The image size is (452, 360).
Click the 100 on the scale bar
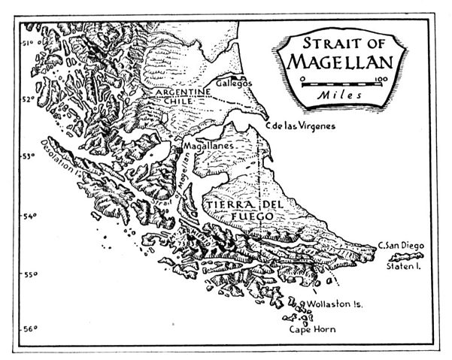coord(379,78)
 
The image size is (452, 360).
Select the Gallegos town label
coord(235,82)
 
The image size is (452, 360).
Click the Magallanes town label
coord(208,143)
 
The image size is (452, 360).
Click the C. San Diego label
coord(401,246)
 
